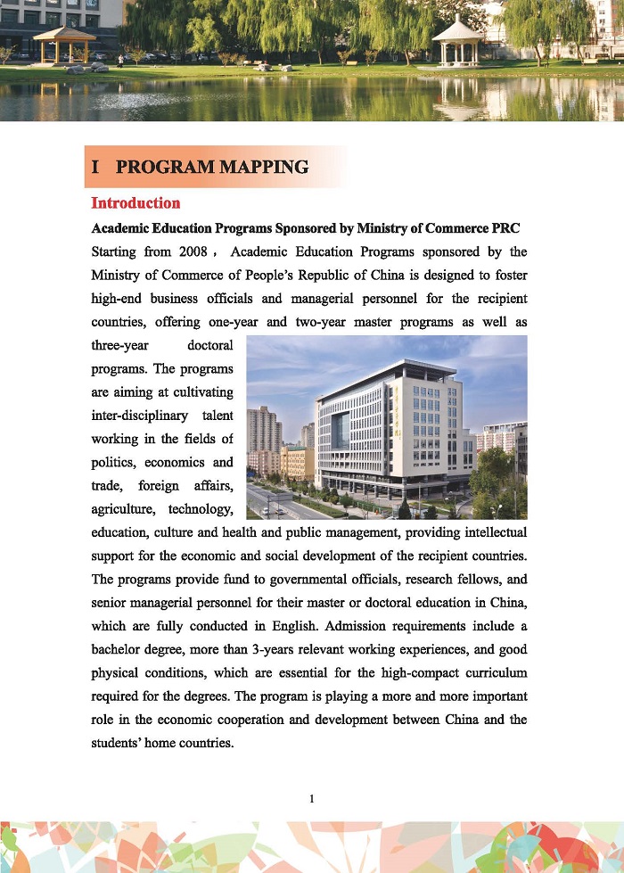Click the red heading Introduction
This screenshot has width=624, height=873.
coord(135,203)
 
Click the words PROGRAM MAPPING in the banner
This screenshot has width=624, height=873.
coord(212,167)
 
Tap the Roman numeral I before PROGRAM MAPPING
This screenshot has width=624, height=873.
coord(95,167)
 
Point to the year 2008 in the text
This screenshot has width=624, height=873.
coord(193,251)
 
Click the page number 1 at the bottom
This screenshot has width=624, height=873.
coord(311,798)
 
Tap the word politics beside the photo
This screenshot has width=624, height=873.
coord(113,462)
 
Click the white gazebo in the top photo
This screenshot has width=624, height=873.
coord(456,41)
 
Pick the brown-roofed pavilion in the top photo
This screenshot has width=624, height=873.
coord(63,45)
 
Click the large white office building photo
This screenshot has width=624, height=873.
coord(386,426)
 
